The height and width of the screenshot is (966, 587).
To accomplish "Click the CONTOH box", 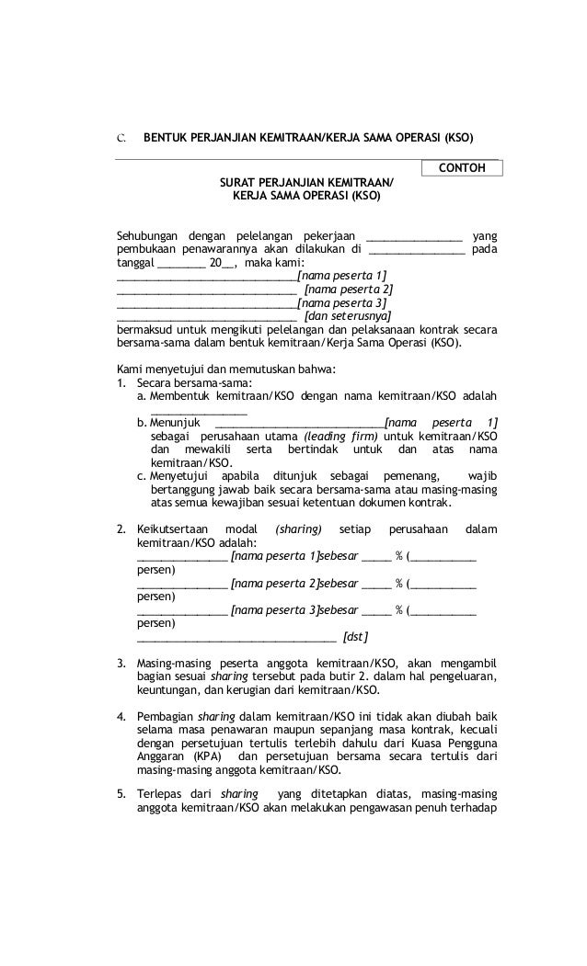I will click(x=462, y=168).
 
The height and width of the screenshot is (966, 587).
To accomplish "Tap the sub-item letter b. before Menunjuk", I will click(x=142, y=422).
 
